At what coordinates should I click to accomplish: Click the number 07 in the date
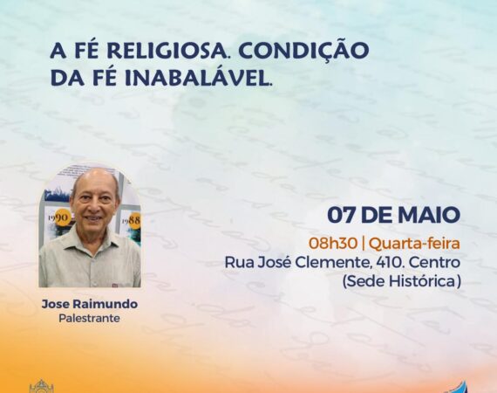(x=342, y=215)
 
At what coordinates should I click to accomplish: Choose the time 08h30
(x=333, y=244)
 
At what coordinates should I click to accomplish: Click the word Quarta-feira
(x=414, y=244)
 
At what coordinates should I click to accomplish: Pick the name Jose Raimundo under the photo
(x=90, y=304)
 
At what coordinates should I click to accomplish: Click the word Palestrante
(x=90, y=318)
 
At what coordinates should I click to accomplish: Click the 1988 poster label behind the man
(x=133, y=220)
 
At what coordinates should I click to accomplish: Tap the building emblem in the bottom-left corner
(x=42, y=386)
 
